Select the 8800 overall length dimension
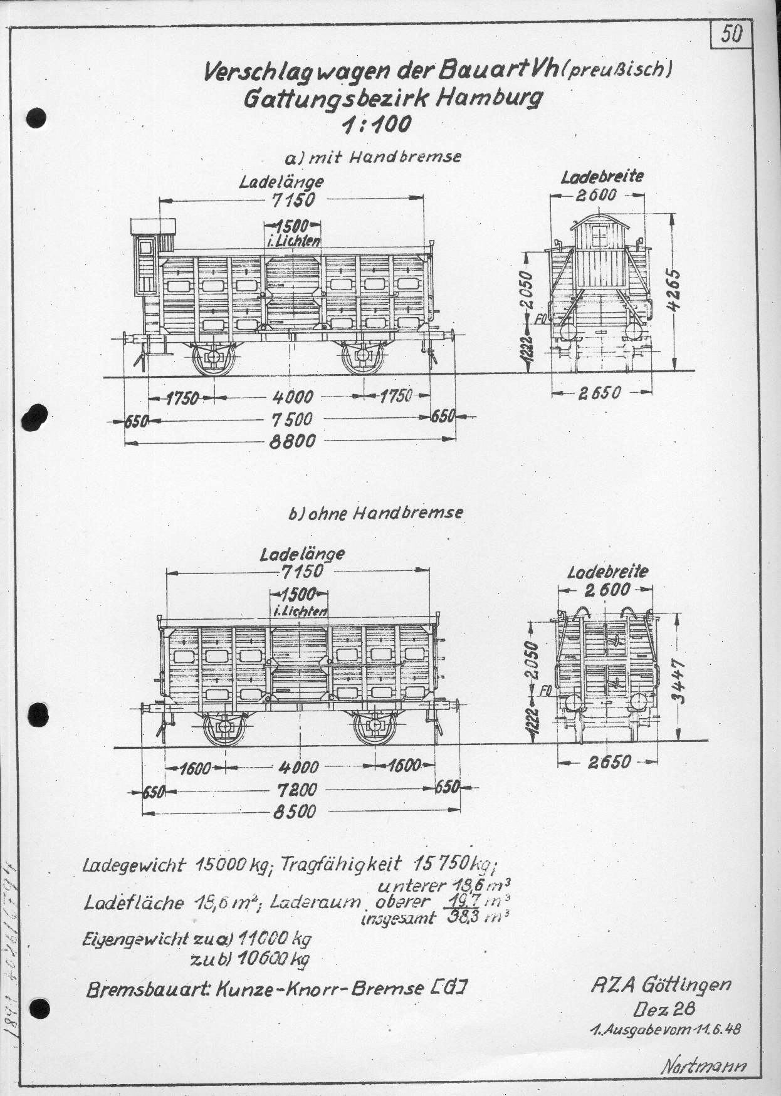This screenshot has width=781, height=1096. click(291, 441)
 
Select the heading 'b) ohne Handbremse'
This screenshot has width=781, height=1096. click(375, 512)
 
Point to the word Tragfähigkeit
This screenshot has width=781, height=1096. click(340, 865)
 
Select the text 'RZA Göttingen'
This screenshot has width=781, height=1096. click(661, 986)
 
